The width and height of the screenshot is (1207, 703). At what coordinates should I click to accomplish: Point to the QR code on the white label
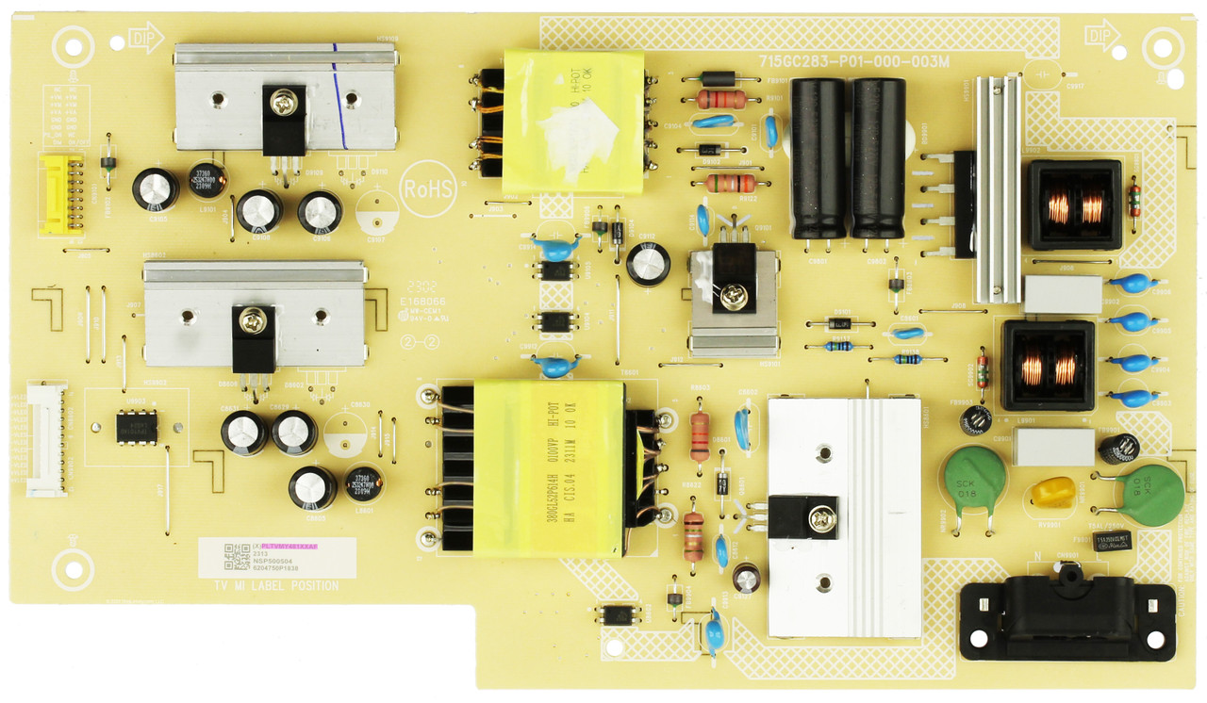click(x=237, y=557)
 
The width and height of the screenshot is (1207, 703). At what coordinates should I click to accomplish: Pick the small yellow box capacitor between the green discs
click(x=1053, y=492)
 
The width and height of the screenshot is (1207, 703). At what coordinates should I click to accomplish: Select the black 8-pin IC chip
click(x=137, y=428)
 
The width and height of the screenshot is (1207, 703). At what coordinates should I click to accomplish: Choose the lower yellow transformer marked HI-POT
click(x=548, y=467)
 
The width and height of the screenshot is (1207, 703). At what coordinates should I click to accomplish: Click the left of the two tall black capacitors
click(x=818, y=157)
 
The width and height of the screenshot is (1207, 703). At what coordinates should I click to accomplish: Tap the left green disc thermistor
click(x=974, y=479)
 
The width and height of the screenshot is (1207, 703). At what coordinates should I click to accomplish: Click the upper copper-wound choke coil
click(x=1075, y=204)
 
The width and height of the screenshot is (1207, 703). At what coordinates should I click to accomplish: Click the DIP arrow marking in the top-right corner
click(x=1100, y=37)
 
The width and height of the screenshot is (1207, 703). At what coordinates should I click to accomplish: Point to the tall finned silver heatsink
click(x=998, y=188)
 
